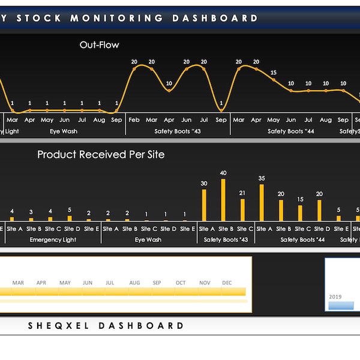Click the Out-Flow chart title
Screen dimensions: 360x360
point(99,45)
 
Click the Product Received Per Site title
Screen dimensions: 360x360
point(101,154)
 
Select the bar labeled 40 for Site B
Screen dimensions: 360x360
point(223,200)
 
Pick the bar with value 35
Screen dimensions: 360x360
point(262,203)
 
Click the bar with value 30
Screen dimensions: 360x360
point(204,205)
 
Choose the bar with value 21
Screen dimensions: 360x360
point(242,210)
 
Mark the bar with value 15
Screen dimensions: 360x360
point(300,213)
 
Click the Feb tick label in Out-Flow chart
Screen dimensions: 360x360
point(134,120)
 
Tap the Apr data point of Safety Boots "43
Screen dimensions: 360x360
point(169,91)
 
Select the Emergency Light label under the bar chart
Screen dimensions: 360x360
point(53,240)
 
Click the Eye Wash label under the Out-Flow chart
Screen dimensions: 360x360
point(63,131)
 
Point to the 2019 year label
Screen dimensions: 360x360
point(335,296)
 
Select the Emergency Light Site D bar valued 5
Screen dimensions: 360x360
point(70,218)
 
